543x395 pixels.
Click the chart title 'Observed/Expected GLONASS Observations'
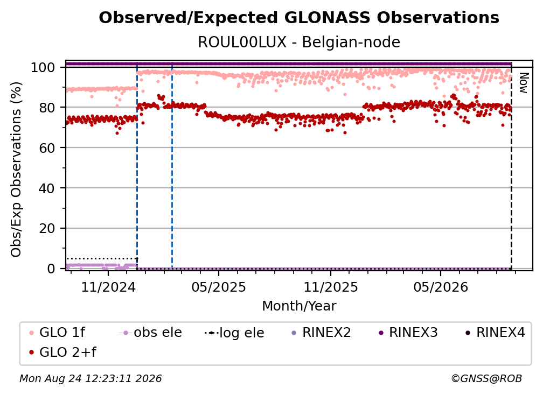pyautogui.click(x=299, y=18)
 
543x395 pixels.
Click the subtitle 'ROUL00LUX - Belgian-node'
pyautogui.click(x=299, y=42)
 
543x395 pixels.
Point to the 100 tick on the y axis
pyautogui.click(x=43, y=67)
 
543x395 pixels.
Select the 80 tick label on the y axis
pyautogui.click(x=47, y=108)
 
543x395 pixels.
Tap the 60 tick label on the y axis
pyautogui.click(x=47, y=148)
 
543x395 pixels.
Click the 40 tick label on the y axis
pyautogui.click(x=47, y=188)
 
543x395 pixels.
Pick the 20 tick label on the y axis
pyautogui.click(x=47, y=229)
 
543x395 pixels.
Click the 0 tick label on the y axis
pyautogui.click(x=51, y=269)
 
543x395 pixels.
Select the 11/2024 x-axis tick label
pyautogui.click(x=108, y=287)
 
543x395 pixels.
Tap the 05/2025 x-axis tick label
pyautogui.click(x=219, y=287)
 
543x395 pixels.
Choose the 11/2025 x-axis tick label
pyautogui.click(x=331, y=287)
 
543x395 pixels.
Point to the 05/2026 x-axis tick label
pyautogui.click(x=441, y=287)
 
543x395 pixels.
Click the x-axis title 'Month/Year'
pyautogui.click(x=299, y=306)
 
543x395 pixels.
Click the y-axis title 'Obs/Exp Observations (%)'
pyautogui.click(x=16, y=170)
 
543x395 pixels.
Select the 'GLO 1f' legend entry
pyautogui.click(x=57, y=333)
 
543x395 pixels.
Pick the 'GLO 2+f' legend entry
pyautogui.click(x=62, y=352)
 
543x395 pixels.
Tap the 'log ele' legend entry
pyautogui.click(x=234, y=333)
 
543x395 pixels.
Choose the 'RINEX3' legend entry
pyautogui.click(x=408, y=333)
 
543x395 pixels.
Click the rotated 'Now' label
pyautogui.click(x=524, y=83)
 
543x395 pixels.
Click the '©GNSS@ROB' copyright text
pyautogui.click(x=486, y=379)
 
